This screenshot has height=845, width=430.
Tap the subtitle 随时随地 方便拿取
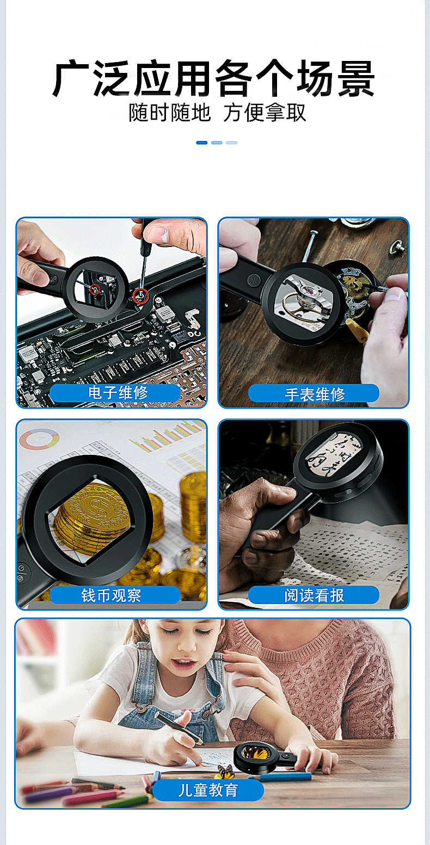coord(217,113)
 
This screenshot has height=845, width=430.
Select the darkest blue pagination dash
coord(202,143)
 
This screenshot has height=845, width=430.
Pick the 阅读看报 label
coord(314,595)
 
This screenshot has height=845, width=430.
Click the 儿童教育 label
coord(208,790)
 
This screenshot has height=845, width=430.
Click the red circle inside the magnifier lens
coord(95,289)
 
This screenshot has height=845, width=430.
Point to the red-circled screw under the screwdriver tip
coord(140,296)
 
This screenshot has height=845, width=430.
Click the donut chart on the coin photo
coord(39,439)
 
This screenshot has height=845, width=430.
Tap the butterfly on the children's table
coord(225,772)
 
